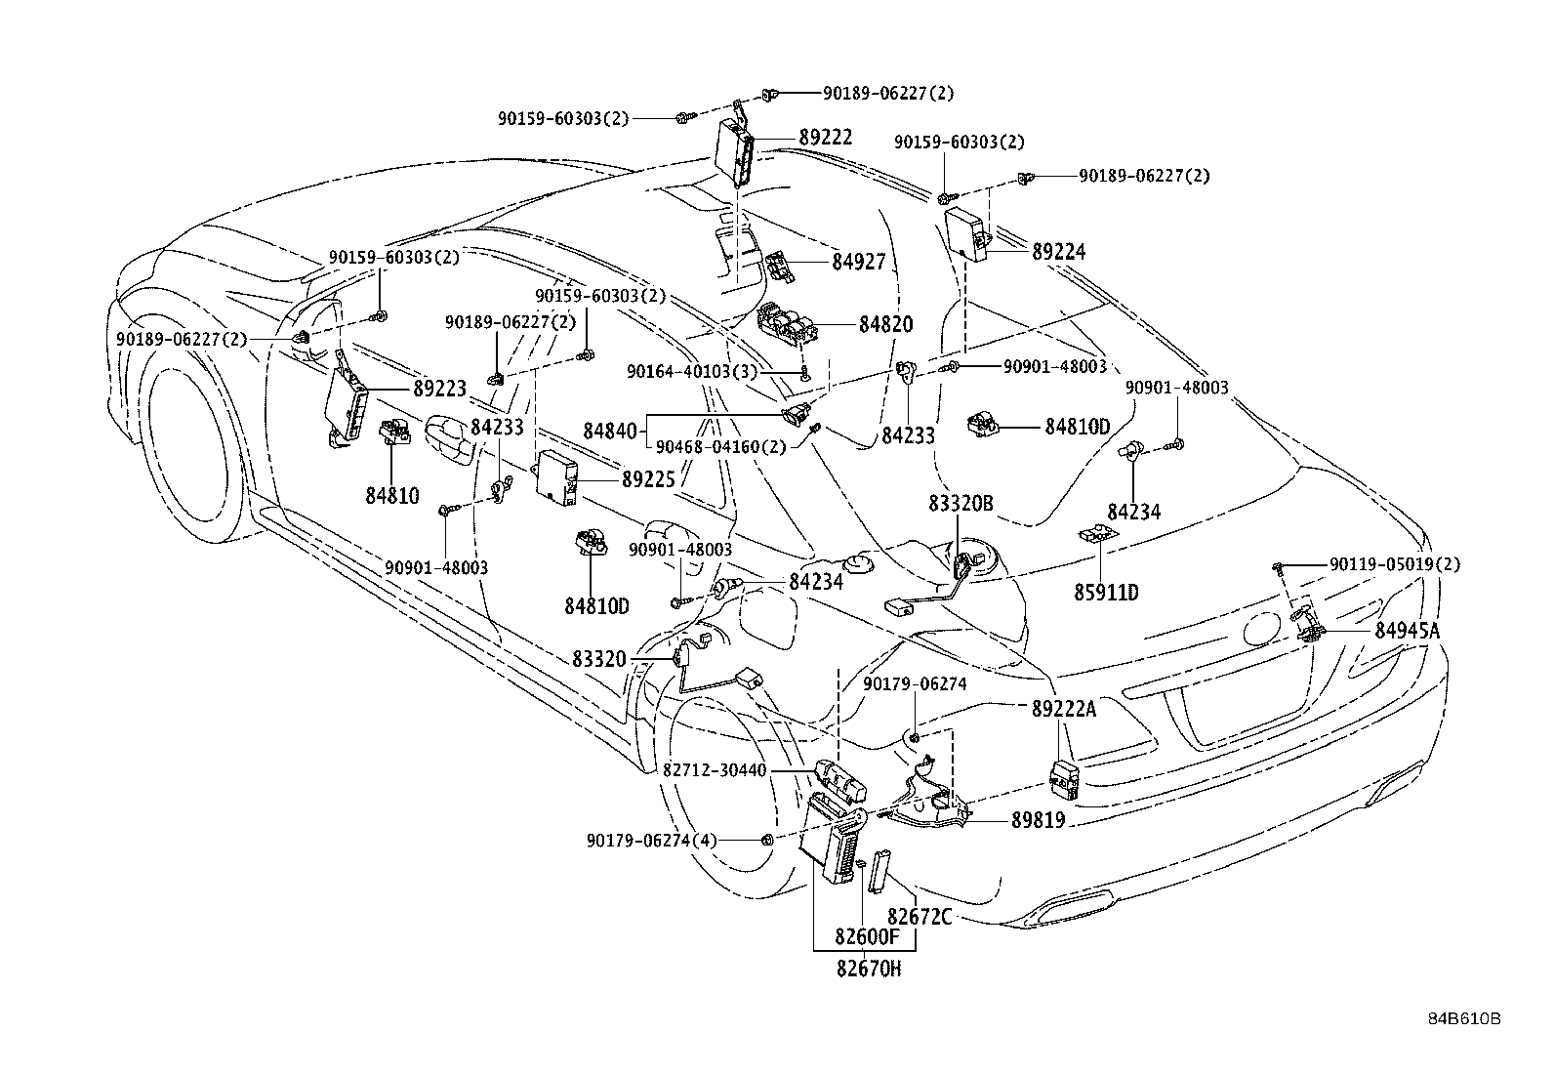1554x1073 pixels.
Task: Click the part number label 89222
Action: [x=825, y=138]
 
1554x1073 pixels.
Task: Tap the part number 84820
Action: [x=885, y=325]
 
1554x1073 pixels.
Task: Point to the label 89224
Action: [x=1058, y=252]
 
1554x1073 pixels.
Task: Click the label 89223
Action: [x=439, y=389]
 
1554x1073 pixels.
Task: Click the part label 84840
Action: [x=611, y=430]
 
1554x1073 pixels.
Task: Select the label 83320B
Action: [x=961, y=503]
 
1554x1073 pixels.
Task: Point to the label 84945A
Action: [x=1407, y=631]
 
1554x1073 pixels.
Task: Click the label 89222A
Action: [x=1064, y=710]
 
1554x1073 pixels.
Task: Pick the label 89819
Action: [x=1038, y=822]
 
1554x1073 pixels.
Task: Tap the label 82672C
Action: [x=919, y=916]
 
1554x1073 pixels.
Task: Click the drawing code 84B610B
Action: [x=1463, y=1018]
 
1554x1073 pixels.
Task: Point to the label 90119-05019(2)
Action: [x=1395, y=565]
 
